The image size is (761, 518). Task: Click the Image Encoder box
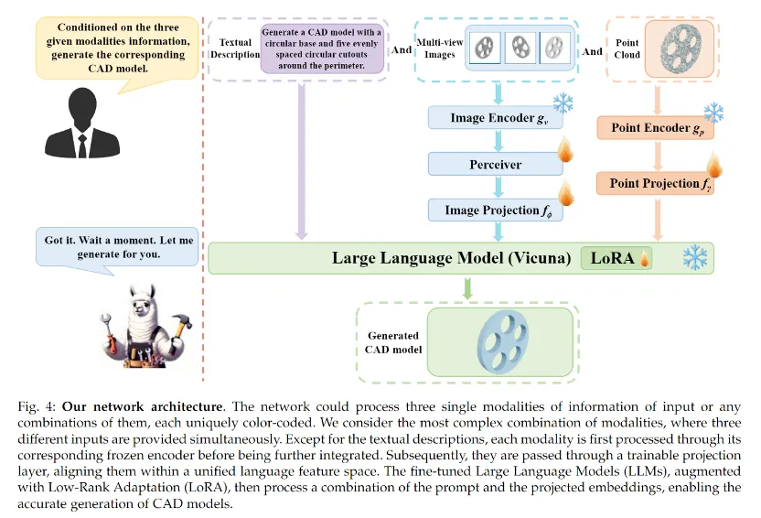(x=495, y=119)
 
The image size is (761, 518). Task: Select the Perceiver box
(x=495, y=165)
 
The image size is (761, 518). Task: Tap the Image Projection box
(x=495, y=210)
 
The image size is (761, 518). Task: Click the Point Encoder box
(x=655, y=129)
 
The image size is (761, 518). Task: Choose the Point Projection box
(x=655, y=184)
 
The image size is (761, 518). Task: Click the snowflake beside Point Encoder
(x=713, y=113)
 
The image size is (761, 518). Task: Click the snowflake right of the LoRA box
(x=693, y=257)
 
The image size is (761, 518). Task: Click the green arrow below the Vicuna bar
(x=468, y=288)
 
